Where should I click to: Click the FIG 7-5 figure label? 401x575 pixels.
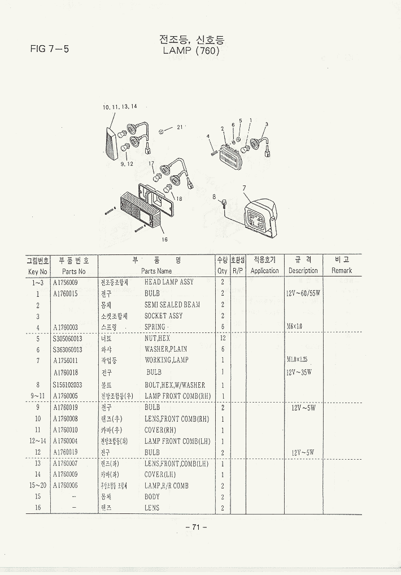(x=50, y=49)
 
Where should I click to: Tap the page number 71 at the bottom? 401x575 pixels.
(x=196, y=527)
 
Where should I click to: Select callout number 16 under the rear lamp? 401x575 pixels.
(x=164, y=239)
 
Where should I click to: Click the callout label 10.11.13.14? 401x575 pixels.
(x=120, y=107)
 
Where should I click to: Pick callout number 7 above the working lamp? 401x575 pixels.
(x=244, y=188)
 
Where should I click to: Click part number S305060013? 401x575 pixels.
(x=68, y=338)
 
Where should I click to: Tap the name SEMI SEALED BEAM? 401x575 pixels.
(x=172, y=305)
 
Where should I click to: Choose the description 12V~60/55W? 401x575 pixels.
(x=303, y=293)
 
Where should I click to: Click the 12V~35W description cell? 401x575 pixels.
(x=299, y=372)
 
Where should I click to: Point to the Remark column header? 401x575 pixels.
(x=342, y=271)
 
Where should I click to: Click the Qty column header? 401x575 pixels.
(x=222, y=271)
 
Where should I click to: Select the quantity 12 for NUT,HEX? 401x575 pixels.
(x=223, y=338)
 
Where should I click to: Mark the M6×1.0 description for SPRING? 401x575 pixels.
(x=295, y=326)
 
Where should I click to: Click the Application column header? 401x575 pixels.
(x=264, y=271)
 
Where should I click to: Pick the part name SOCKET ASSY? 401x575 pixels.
(x=163, y=316)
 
